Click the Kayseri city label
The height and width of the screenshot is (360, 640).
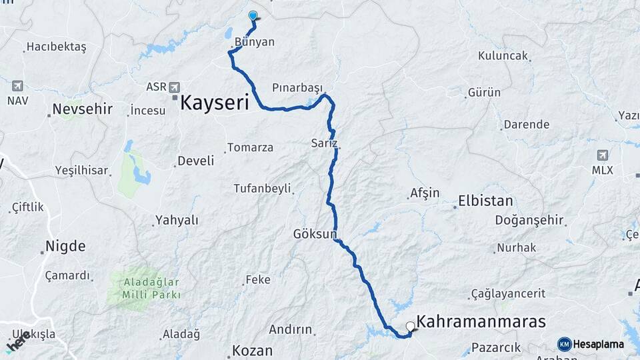[x=215, y=103]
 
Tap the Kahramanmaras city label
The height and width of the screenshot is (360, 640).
[x=481, y=322]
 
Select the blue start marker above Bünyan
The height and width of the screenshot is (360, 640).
[x=253, y=15]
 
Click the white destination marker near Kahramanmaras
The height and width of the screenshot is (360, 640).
[x=410, y=326]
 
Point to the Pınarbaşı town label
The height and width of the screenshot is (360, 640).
[x=297, y=88]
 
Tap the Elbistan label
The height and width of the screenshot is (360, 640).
[x=485, y=201]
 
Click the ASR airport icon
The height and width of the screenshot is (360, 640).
[x=175, y=87]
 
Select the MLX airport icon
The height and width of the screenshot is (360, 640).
[x=603, y=155]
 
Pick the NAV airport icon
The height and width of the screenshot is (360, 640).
[x=17, y=86]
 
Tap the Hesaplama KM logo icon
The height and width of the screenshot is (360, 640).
[x=564, y=344]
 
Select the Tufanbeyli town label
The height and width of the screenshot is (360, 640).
[x=262, y=189]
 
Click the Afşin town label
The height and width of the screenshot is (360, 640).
[x=425, y=193]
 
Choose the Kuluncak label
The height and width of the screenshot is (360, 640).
[x=503, y=56]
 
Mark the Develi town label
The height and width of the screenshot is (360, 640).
[x=195, y=161]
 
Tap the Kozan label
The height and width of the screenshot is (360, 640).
[x=252, y=351]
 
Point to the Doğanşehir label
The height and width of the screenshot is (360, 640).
[x=529, y=220]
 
